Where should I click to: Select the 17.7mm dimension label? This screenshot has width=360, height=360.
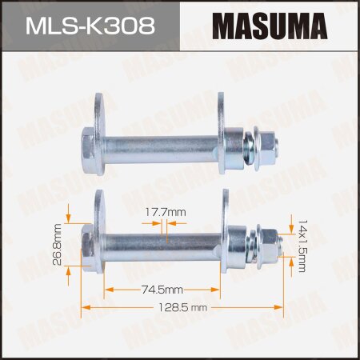[x=165, y=211]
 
